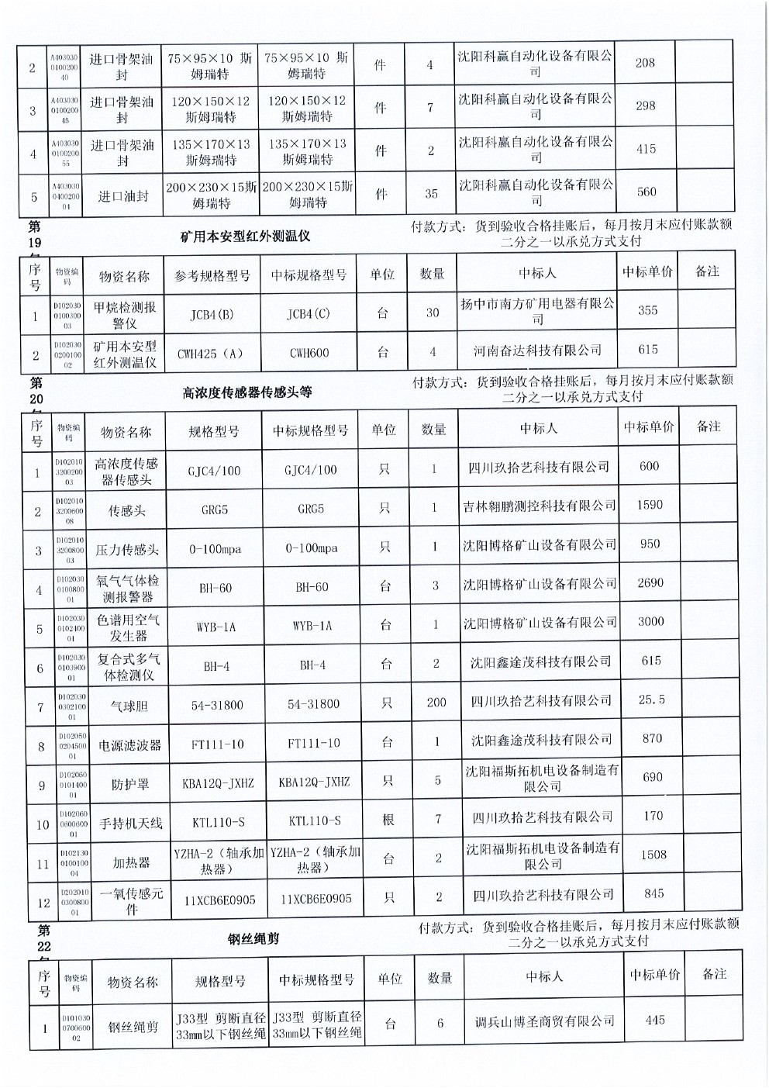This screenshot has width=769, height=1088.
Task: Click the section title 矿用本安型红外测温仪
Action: [245, 235]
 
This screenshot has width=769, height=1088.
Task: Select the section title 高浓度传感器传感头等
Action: [247, 392]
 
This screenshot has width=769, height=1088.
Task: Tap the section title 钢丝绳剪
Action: [253, 938]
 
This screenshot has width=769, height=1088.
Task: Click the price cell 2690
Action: [650, 582]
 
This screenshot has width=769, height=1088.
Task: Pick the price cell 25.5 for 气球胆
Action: [651, 699]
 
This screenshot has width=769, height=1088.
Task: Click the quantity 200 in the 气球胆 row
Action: [436, 703]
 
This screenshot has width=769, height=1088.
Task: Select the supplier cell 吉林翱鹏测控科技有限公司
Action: [539, 506]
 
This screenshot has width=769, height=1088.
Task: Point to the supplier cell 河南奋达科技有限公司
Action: [537, 351]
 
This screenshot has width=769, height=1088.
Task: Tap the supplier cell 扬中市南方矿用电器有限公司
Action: [537, 311]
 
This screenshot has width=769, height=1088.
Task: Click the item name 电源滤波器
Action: [129, 745]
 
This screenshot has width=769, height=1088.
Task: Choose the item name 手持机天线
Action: [130, 824]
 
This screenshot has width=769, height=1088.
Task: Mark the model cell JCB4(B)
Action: [212, 315]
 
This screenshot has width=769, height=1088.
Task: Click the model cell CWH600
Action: [309, 353]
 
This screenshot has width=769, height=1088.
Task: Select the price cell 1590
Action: [650, 505]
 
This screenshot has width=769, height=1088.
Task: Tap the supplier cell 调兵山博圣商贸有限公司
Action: [545, 1021]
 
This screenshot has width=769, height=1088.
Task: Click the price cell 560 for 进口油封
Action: [646, 192]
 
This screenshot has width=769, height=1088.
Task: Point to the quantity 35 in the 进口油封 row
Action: [431, 194]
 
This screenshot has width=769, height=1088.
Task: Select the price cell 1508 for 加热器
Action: [653, 855]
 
